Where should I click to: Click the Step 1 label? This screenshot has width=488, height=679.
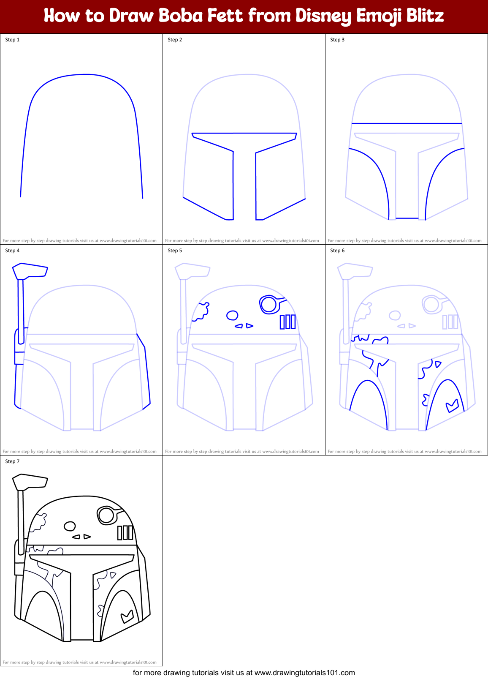[12, 40]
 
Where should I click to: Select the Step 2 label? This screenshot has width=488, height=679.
[175, 40]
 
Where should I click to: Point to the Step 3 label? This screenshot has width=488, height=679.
[337, 40]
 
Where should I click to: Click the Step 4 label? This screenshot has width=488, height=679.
[12, 251]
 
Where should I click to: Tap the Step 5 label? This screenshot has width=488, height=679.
[175, 251]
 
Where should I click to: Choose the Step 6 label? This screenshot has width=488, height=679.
[337, 251]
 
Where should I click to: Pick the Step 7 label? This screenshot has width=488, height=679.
[12, 461]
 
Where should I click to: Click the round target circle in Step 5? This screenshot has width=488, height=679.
[268, 304]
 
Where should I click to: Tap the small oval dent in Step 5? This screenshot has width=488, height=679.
[232, 315]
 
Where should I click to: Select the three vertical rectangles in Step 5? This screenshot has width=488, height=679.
[287, 322]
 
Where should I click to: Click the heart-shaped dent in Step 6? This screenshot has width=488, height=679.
[452, 406]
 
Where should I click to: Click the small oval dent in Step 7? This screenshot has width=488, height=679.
[70, 526]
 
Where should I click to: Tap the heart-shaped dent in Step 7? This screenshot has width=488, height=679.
[127, 617]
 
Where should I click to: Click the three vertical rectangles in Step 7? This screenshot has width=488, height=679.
[125, 532]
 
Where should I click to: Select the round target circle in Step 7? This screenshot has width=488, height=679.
[106, 515]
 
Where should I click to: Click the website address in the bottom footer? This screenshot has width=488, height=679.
[304, 672]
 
